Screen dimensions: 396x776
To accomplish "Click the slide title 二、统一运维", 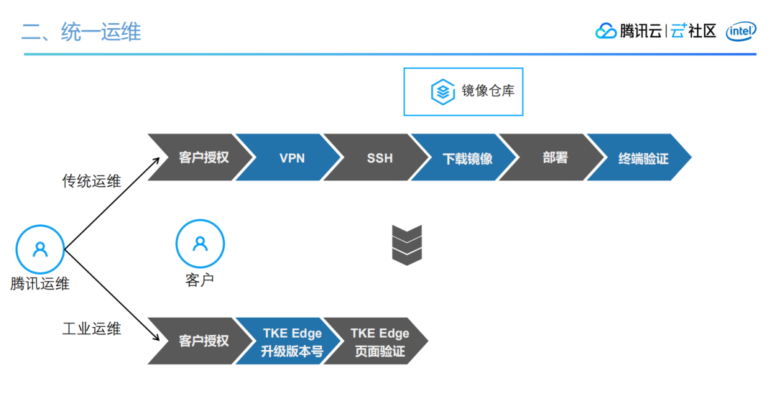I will click(80, 32).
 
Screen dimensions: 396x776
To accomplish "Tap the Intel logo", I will click(740, 31).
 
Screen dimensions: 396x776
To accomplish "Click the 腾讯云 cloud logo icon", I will click(606, 31).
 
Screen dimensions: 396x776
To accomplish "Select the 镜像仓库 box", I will click(463, 91).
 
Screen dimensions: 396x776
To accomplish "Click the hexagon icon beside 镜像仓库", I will click(443, 92).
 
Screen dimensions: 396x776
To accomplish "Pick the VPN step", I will click(291, 157).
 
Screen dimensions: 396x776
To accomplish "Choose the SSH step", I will click(379, 157).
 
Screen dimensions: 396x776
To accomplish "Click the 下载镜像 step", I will click(467, 157).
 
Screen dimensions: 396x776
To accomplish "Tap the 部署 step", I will click(555, 157).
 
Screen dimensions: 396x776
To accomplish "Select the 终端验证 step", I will click(643, 157).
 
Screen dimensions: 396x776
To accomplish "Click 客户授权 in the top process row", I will click(203, 157).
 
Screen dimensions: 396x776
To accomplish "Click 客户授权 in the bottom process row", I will click(203, 341).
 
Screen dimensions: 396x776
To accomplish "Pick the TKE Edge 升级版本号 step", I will click(292, 341).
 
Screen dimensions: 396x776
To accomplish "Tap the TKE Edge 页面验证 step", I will click(379, 341).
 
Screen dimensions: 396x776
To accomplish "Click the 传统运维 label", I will click(91, 181).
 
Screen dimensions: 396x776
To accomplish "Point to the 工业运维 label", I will click(91, 329).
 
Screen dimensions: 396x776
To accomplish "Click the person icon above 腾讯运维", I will click(40, 249).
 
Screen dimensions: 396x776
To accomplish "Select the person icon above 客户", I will click(200, 244).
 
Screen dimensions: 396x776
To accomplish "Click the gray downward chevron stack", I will click(407, 244).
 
